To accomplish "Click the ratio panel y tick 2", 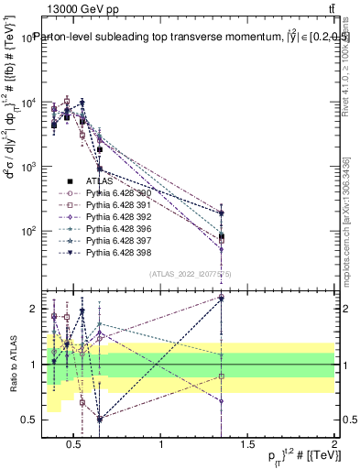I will coord(33,309).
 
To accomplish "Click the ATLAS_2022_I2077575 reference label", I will coord(184,272).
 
